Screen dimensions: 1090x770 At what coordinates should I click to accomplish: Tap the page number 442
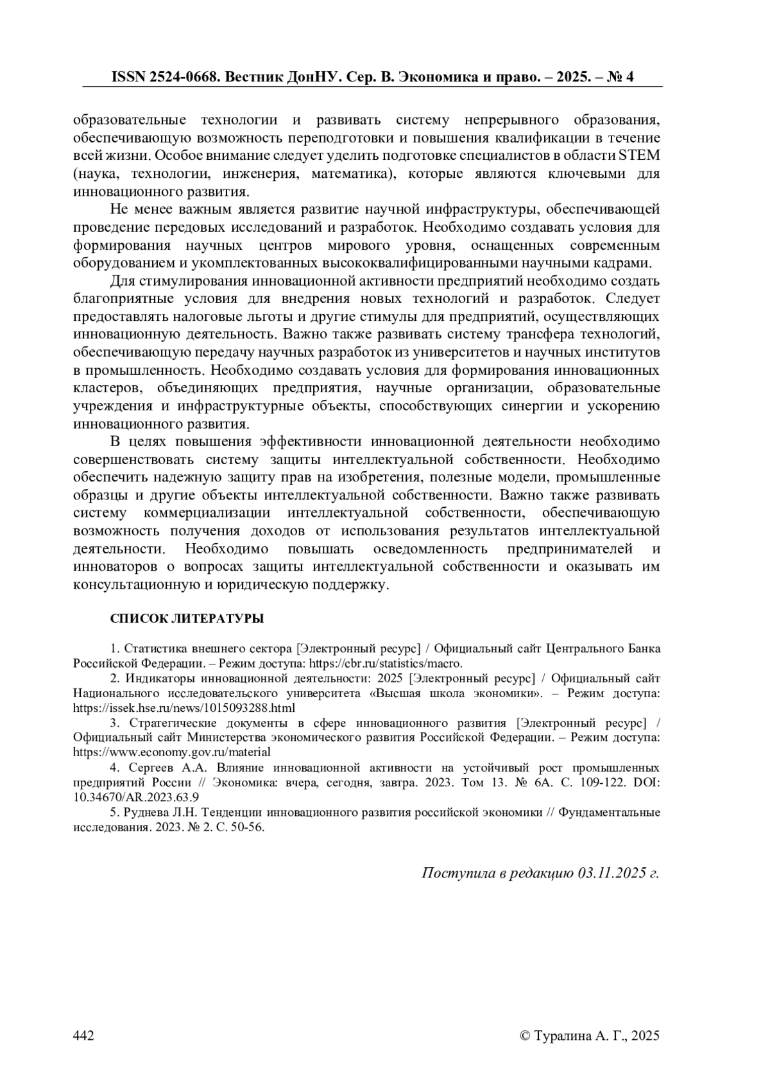click(84, 1035)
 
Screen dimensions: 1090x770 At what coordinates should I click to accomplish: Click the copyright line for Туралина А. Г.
click(590, 1035)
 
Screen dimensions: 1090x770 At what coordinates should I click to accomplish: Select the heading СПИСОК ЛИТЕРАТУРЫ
click(187, 619)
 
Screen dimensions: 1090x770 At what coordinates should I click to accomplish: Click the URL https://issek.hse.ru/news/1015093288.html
click(184, 708)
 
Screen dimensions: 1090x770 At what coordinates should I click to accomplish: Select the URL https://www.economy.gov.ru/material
click(172, 752)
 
